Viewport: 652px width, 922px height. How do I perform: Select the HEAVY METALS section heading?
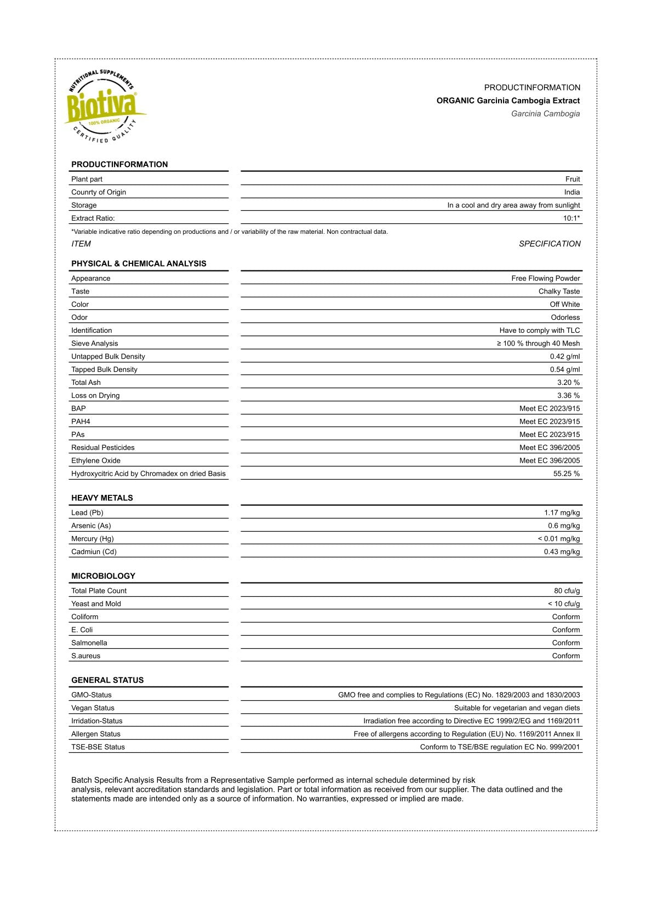(102, 498)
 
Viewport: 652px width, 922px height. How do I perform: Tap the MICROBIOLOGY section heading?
(103, 576)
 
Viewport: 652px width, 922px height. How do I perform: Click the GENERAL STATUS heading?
(107, 680)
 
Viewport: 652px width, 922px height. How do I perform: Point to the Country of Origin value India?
(571, 192)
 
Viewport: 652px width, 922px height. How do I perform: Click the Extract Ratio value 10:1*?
(571, 218)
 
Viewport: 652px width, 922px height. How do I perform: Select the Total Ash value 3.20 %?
(568, 383)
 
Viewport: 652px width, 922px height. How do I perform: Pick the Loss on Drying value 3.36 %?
(568, 396)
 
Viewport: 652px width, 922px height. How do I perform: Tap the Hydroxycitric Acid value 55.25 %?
(566, 474)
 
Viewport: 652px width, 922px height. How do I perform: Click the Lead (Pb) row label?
(87, 513)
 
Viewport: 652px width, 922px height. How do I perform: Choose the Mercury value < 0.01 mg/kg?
(558, 539)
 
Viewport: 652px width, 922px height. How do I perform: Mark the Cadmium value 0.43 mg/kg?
(562, 552)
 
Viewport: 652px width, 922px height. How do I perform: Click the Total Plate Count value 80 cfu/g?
(567, 591)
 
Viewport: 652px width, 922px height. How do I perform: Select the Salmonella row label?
(89, 643)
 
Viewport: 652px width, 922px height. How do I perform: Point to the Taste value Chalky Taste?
(559, 291)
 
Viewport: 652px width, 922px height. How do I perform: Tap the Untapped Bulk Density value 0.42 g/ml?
(564, 356)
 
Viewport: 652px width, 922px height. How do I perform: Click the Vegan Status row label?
(93, 708)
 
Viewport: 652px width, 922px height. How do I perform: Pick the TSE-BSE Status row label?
(98, 747)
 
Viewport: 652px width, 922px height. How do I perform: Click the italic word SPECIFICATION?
(550, 244)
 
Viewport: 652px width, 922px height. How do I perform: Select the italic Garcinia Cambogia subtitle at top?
(545, 114)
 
